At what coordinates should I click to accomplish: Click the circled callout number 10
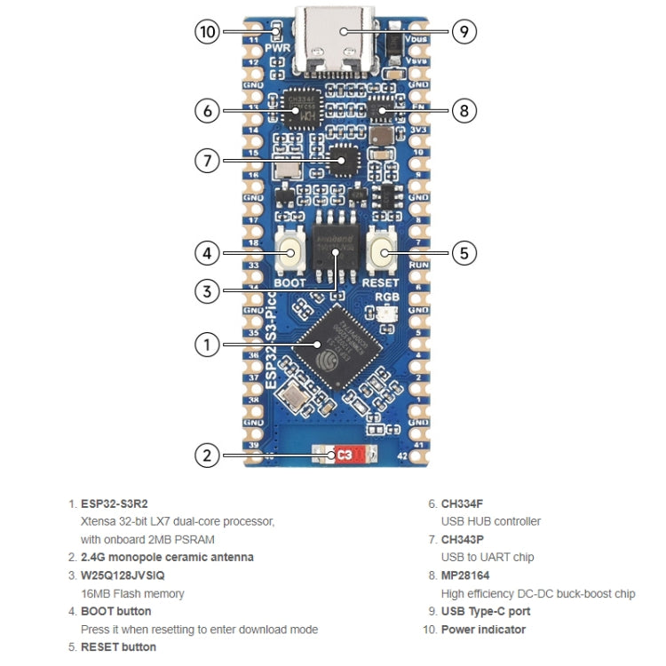[207, 32]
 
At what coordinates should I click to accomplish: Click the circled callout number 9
[464, 32]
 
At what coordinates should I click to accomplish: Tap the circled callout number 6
[207, 111]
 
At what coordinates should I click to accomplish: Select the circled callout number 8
[464, 111]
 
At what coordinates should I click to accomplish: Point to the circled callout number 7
[207, 161]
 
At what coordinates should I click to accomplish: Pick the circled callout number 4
[207, 252]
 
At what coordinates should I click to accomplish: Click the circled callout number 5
[464, 252]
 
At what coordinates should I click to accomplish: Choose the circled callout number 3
[207, 290]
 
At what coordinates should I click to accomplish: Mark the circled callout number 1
[207, 344]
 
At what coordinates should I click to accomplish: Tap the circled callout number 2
[207, 456]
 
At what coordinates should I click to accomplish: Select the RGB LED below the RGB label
[386, 313]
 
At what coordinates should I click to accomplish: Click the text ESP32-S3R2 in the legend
[115, 503]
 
